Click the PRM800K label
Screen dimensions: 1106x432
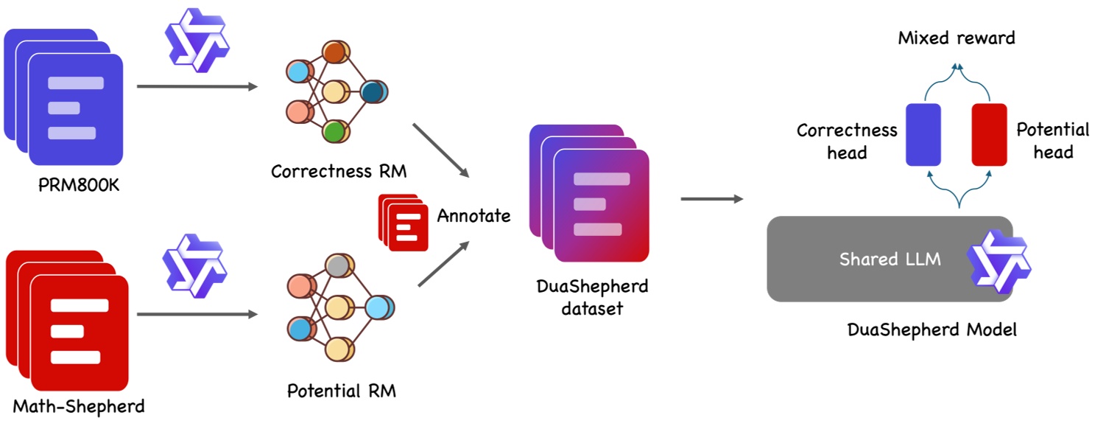(x=79, y=185)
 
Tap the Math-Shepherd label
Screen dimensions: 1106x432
(x=79, y=406)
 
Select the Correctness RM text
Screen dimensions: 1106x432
(x=339, y=172)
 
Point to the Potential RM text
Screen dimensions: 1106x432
(x=342, y=391)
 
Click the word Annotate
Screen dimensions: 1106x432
(x=474, y=216)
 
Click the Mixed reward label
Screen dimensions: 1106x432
(x=957, y=38)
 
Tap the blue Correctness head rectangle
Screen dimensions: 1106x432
(x=923, y=134)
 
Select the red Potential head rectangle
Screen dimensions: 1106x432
(x=990, y=134)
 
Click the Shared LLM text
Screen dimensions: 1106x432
(x=890, y=259)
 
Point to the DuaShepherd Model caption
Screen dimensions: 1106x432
(x=932, y=330)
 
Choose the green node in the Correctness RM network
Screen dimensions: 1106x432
(x=336, y=131)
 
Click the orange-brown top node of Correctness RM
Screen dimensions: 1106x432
(x=336, y=52)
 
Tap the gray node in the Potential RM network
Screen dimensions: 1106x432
(x=339, y=266)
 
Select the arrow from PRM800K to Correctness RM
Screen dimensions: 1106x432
(x=197, y=86)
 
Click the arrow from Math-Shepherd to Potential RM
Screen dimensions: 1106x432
(x=197, y=314)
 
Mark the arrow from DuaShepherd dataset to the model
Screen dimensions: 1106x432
(x=712, y=199)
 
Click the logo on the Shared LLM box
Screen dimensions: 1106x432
(x=998, y=262)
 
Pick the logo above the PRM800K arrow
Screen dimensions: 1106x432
(x=197, y=41)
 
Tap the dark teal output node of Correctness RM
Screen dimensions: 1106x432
(x=374, y=92)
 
